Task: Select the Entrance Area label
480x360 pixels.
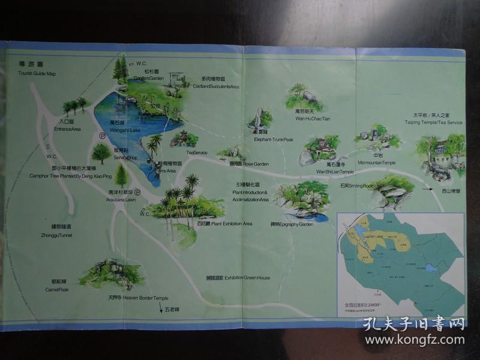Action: pos(67,128)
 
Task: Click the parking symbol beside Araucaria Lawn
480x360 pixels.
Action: pos(137,193)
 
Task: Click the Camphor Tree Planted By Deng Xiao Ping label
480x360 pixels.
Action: pos(70,176)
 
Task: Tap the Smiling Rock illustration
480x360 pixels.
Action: pos(393,191)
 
